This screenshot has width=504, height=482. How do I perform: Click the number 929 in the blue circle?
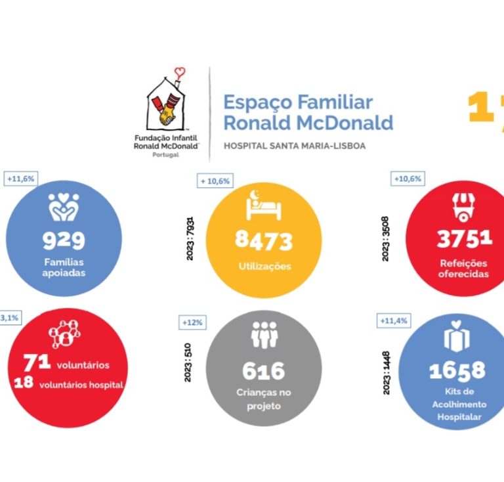tap(64, 241)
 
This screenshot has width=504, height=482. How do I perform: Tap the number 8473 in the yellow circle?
tap(264, 241)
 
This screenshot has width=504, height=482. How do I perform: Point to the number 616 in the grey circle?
tap(264, 371)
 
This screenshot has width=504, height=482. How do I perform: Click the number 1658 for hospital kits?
tap(457, 371)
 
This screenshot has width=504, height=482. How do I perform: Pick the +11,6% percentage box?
tap(20, 178)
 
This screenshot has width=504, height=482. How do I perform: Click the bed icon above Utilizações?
tap(264, 205)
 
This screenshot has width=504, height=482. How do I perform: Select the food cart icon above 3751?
tap(463, 206)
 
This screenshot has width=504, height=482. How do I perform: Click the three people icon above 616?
tap(264, 335)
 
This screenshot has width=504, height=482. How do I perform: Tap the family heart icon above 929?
tap(64, 206)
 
